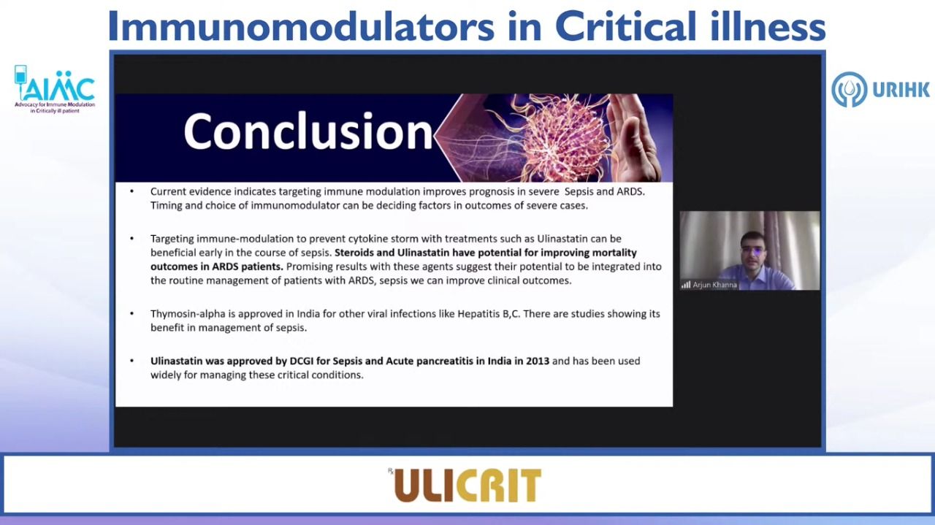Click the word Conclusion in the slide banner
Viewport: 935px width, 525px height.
coord(308,131)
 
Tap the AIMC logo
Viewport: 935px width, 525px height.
coord(54,89)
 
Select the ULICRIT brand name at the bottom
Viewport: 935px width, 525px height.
coord(467,486)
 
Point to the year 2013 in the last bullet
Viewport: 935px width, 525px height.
coord(538,361)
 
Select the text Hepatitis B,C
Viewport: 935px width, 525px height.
coord(489,314)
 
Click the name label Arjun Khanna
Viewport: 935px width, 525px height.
coord(714,285)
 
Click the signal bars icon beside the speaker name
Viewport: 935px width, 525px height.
coord(686,285)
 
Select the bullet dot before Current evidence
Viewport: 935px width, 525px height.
coord(132,191)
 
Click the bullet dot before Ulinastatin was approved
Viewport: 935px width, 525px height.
coord(132,361)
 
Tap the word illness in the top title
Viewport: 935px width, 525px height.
coord(768,26)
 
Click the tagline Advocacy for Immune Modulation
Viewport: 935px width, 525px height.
coord(55,104)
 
